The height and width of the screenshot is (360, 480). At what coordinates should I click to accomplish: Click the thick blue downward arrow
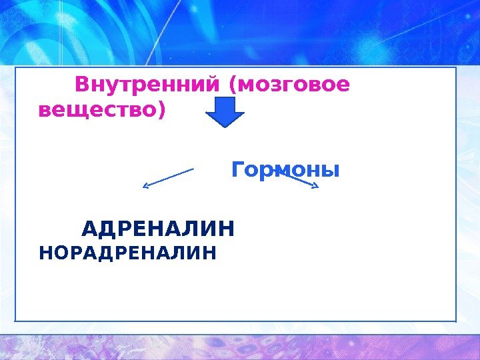[x=225, y=111]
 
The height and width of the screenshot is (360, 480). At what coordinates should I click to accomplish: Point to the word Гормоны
[x=285, y=171]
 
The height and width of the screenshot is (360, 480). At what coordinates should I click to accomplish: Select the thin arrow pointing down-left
[x=168, y=177]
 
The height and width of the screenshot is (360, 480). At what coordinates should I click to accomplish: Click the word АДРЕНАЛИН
[x=158, y=230]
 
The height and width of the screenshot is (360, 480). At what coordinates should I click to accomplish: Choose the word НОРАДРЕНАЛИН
[x=128, y=253]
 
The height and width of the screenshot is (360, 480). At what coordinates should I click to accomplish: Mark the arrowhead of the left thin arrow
[x=145, y=186]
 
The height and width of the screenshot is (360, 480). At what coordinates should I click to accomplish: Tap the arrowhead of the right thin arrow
[x=316, y=186]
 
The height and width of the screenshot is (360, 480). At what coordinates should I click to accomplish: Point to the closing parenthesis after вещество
[x=159, y=110]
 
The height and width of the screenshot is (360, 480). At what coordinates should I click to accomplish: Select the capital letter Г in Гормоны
[x=237, y=171]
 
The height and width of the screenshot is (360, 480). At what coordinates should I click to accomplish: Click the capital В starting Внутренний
[x=82, y=85]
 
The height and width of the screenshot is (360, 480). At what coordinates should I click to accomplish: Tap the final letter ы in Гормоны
[x=331, y=172]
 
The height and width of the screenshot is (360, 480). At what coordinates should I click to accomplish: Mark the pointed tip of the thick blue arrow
[x=225, y=125]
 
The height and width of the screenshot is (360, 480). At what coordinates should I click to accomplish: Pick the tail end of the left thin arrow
[x=193, y=169]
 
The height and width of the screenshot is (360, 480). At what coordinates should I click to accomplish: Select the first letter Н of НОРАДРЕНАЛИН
[x=45, y=253]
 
